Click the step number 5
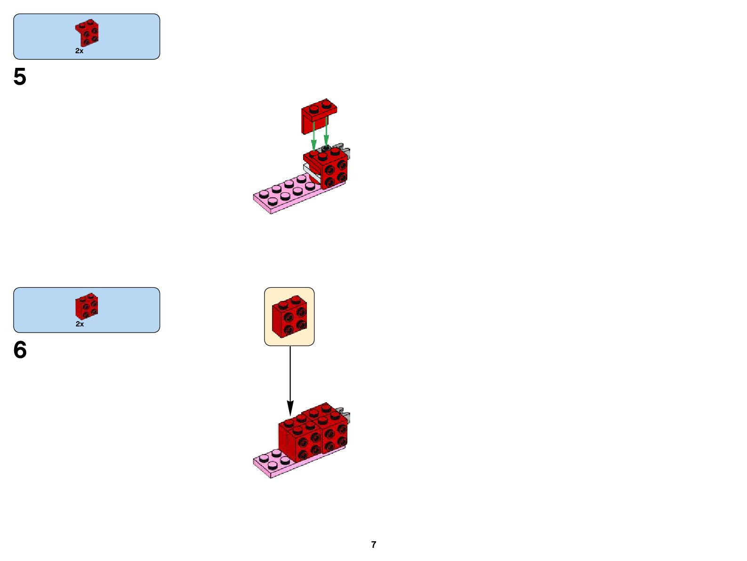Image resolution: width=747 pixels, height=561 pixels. pos(20,77)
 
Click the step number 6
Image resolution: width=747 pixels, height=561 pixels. pos(20,350)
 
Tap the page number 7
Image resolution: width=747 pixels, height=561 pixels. pos(374,545)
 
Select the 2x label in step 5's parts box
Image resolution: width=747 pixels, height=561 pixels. pos(79,51)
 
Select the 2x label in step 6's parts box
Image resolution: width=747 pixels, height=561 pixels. pos(80,324)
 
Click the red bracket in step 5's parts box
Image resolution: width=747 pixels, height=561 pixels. pos(87,32)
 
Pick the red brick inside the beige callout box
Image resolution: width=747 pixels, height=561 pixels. pos(289,317)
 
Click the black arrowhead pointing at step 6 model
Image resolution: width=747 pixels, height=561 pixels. pos(290,408)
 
